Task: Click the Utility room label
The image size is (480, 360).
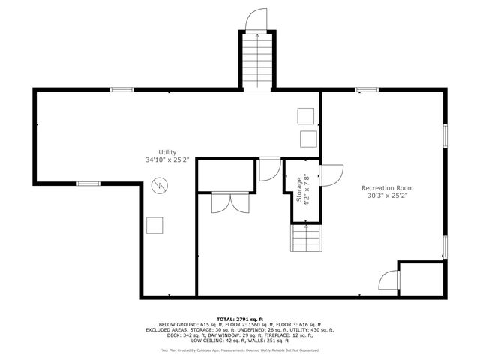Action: point(167,152)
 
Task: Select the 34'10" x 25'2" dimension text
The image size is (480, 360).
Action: point(167,160)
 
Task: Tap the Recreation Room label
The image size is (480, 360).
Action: point(387,188)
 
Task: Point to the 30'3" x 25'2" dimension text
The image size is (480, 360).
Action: point(387,196)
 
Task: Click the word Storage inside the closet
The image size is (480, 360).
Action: point(299,190)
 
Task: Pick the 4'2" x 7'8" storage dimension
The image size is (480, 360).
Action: point(307,190)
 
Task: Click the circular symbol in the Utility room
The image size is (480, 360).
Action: point(160,184)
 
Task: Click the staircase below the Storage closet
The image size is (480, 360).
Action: point(307,238)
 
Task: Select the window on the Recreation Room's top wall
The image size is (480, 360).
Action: point(366,90)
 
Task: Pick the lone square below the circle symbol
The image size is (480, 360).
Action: point(155,225)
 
